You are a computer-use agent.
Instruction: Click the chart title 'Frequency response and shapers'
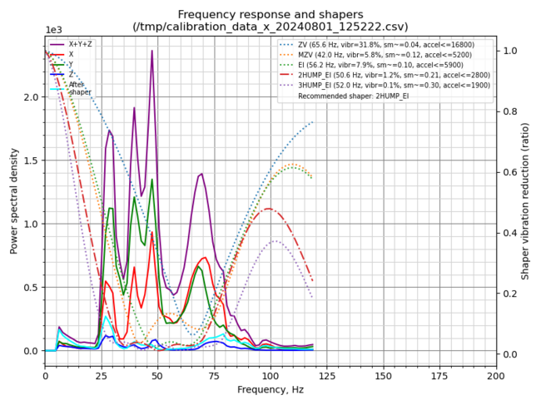coord(270,14)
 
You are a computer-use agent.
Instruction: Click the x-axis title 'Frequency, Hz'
coord(270,389)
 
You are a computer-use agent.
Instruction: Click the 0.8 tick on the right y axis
coord(508,111)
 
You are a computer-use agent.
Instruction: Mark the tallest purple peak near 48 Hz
coord(151,51)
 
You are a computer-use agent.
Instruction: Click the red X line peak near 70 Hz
coord(204,258)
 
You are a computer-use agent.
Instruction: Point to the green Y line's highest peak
coord(151,180)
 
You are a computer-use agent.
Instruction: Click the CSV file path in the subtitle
coord(270,27)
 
